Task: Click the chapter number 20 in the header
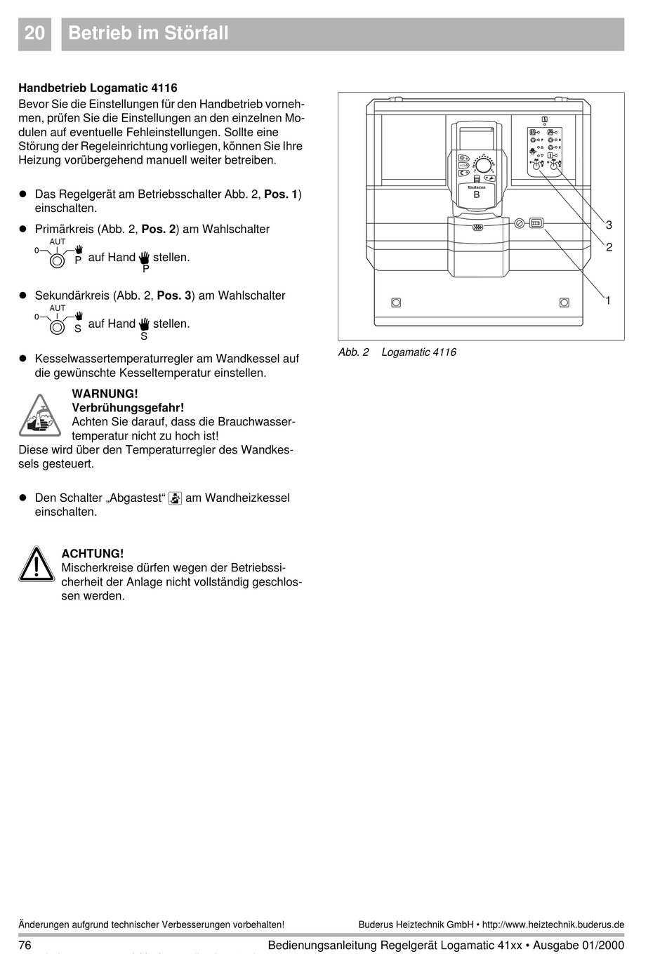point(34,33)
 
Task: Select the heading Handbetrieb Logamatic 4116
point(98,88)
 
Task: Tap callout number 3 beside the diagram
point(609,225)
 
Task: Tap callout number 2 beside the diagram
point(609,247)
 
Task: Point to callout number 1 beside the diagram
point(608,300)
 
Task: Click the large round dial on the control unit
point(483,165)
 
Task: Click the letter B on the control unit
point(477,195)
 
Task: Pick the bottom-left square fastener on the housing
point(396,303)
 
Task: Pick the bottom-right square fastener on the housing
point(564,303)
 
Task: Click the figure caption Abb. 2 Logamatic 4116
point(397,352)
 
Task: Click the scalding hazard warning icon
point(40,415)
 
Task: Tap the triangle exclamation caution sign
point(37,564)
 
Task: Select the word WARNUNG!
point(105,394)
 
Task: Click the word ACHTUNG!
point(92,554)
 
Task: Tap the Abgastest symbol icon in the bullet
point(176,498)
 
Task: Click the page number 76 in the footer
point(25,945)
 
